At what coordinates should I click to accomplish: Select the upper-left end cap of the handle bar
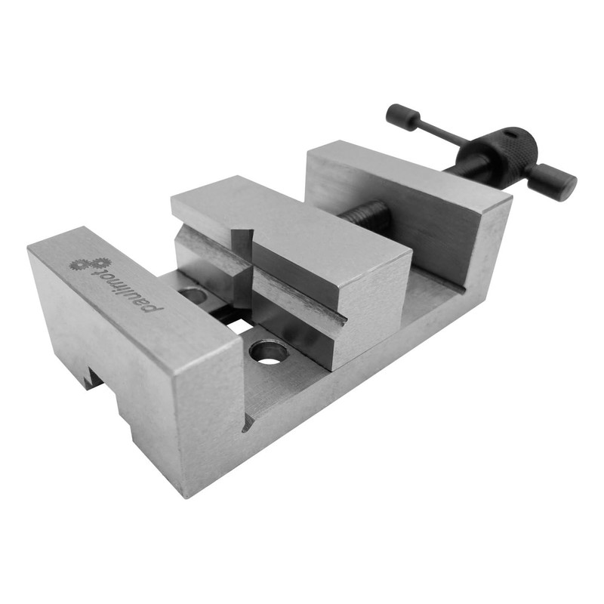(402, 116)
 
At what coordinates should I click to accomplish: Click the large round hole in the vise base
(269, 351)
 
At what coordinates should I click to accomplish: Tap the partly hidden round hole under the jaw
(194, 295)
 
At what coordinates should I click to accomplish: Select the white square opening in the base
(240, 326)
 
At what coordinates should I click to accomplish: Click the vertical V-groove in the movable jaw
(242, 264)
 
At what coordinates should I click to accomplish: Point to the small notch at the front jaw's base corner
(248, 424)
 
